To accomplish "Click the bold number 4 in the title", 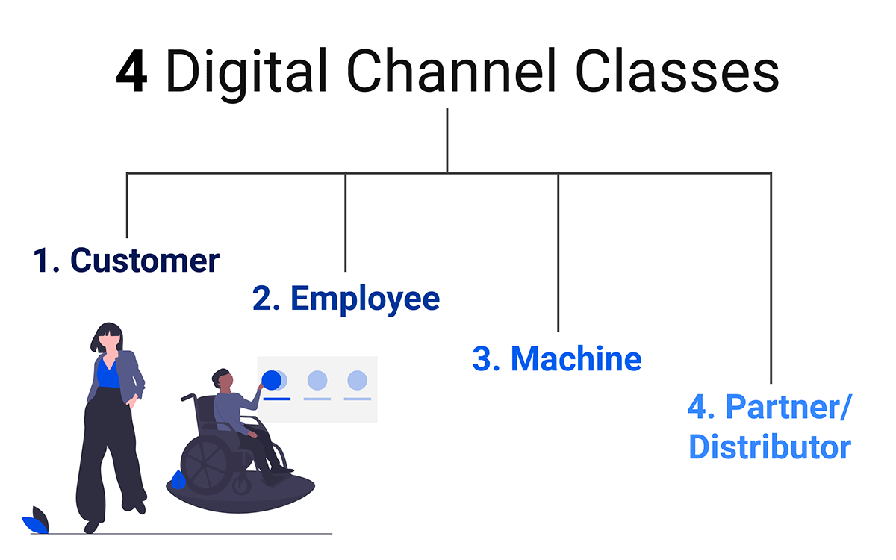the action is [x=131, y=71].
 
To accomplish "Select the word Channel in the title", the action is [x=451, y=70].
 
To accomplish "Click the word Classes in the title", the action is [x=677, y=70].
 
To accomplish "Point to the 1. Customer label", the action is [x=126, y=261].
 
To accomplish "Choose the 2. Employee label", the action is [x=346, y=299].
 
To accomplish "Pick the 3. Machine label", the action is [x=557, y=359].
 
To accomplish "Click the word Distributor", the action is [x=770, y=447].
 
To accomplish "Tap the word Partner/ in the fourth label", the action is [x=788, y=407].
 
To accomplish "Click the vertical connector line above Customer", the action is [x=127, y=205].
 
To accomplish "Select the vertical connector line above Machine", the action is [x=558, y=252].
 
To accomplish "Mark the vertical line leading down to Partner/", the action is [x=771, y=279].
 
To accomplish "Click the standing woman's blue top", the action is [x=108, y=374].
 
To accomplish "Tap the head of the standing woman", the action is [x=108, y=337].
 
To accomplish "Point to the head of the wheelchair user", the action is [x=223, y=379].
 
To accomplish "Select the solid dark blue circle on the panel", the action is [x=272, y=380].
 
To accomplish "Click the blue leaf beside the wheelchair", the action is [x=178, y=479].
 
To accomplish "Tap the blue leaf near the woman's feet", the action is [x=35, y=525].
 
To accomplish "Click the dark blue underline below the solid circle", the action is [x=277, y=399].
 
